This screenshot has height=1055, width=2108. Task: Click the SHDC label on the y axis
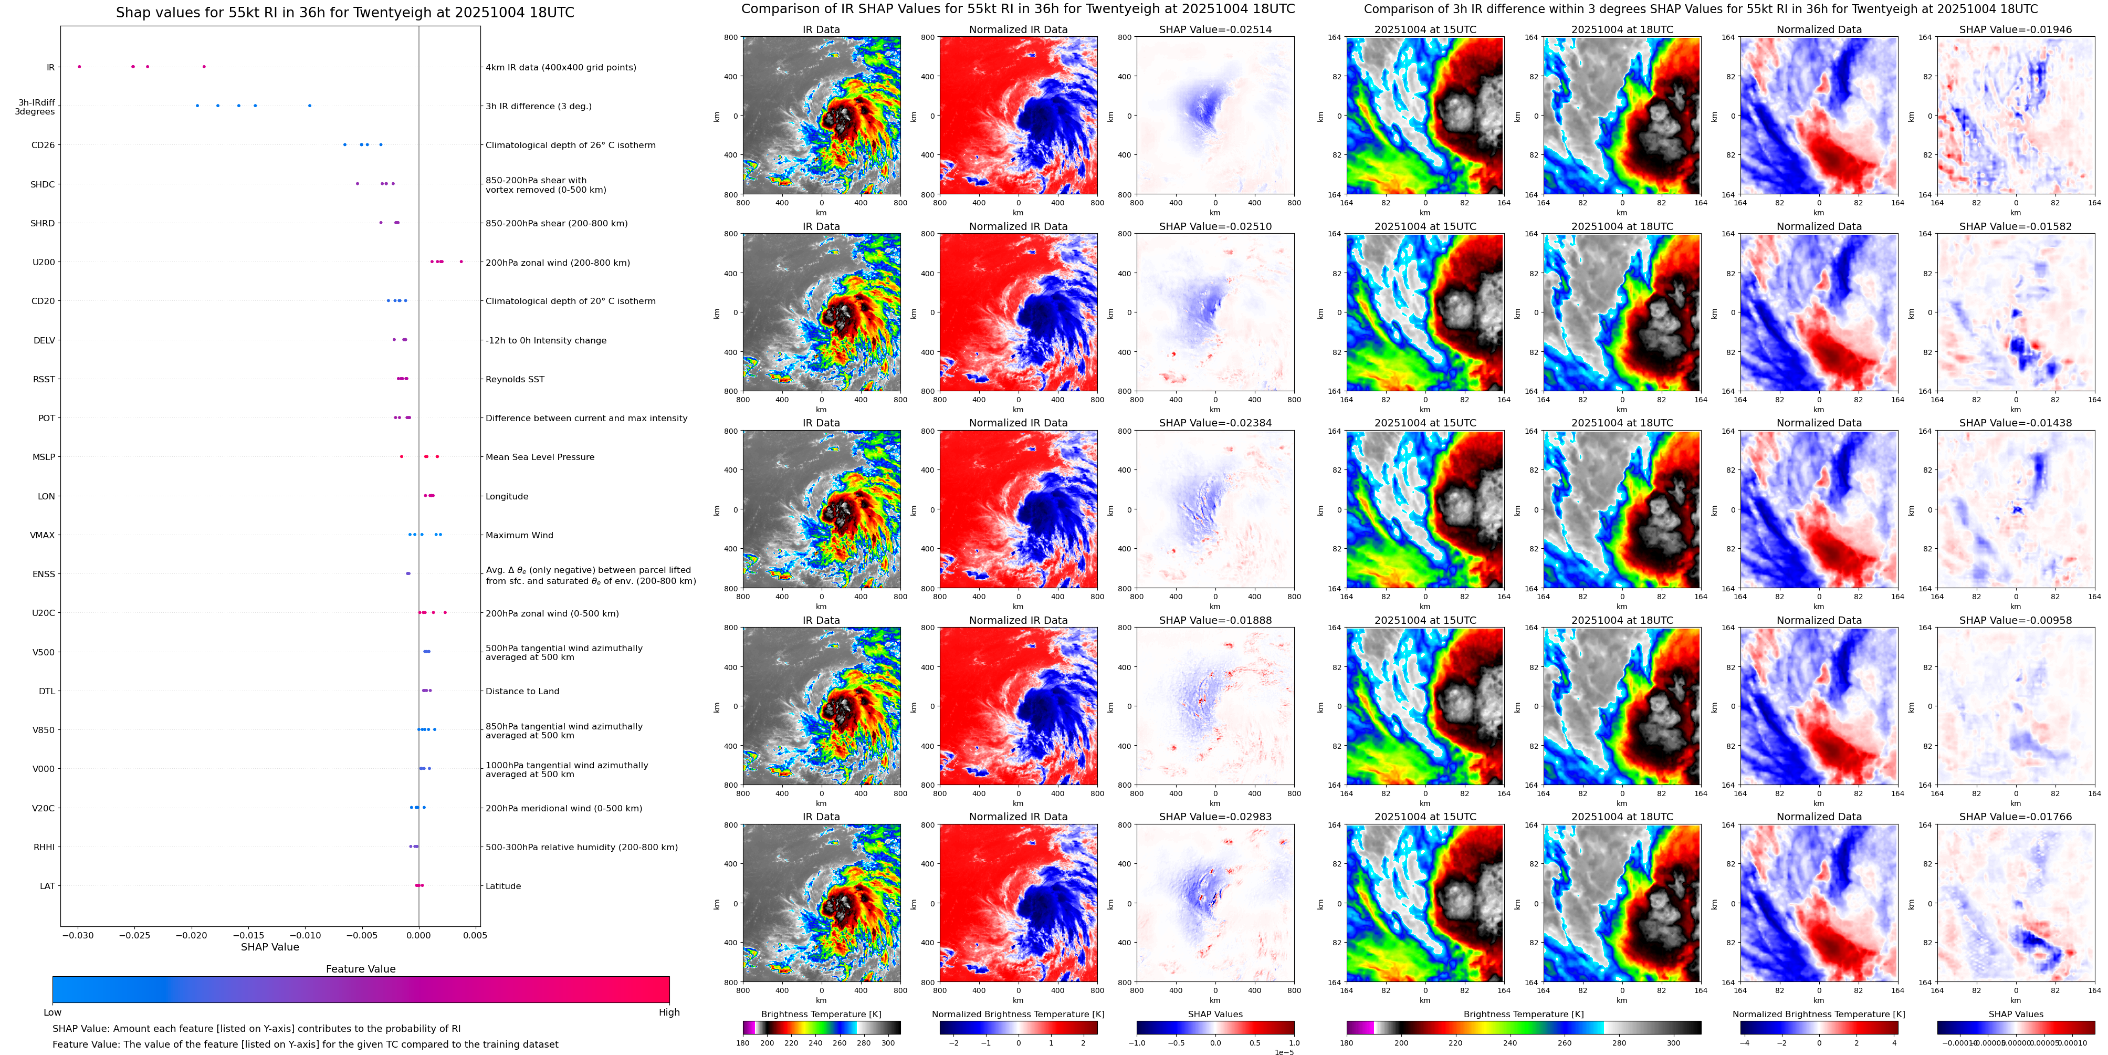point(43,184)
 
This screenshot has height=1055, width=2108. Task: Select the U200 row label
point(44,262)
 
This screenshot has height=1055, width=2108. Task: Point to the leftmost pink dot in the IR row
point(79,66)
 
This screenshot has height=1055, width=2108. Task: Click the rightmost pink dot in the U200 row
point(461,261)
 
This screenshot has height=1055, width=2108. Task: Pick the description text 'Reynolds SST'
point(514,379)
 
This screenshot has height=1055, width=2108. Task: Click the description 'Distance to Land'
point(522,691)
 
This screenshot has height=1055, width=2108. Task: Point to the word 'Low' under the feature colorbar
point(53,1012)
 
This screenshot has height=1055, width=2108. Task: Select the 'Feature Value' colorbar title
point(360,969)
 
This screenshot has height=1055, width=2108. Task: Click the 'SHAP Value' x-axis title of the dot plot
point(269,947)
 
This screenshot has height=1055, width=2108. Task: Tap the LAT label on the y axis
point(47,885)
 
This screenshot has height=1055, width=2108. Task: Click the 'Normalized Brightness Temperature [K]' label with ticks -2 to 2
point(1018,1014)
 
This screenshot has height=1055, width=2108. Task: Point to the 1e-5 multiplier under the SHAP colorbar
point(1283,1052)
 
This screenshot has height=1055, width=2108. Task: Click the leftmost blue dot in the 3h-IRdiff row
point(197,106)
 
